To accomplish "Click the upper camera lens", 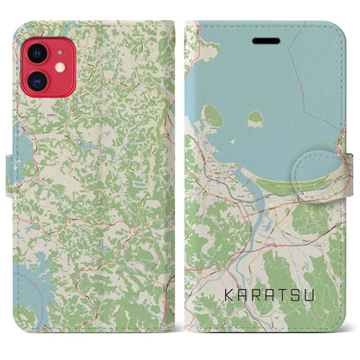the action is point(38,53).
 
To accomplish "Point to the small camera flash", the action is point(59,67).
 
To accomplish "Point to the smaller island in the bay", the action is point(255,118).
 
